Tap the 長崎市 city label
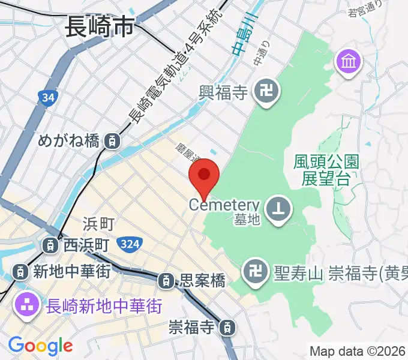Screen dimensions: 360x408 point(99,27)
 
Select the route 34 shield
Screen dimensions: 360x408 point(47,97)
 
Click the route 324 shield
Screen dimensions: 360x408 point(130,244)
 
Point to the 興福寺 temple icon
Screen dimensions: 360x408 point(265,92)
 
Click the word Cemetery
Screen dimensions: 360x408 point(224,205)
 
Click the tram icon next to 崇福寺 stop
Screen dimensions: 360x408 point(227,328)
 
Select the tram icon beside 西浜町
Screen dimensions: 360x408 point(51,245)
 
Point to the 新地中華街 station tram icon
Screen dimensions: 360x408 point(21,271)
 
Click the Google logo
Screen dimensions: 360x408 point(40,346)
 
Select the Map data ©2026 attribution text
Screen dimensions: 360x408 point(356,350)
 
